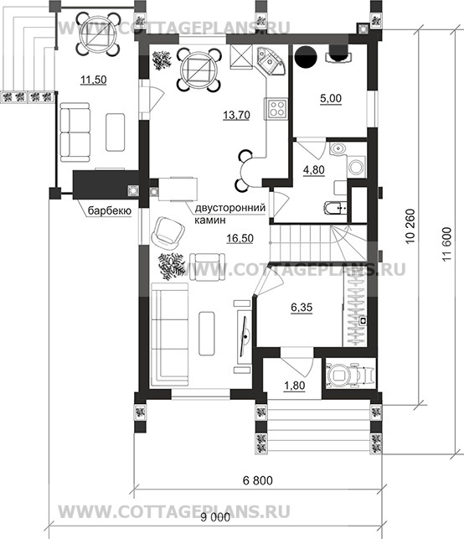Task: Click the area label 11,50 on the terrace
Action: (94, 80)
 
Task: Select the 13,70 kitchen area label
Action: (236, 115)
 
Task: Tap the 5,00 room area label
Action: (331, 99)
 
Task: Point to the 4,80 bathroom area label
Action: (313, 170)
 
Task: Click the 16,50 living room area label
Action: (240, 238)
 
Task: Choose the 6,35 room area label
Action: (302, 307)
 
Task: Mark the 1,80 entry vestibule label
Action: (294, 386)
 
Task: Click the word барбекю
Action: (110, 210)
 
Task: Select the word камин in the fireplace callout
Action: (210, 220)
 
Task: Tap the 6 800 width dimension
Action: (258, 480)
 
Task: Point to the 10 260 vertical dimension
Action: (410, 225)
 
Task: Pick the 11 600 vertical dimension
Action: (446, 244)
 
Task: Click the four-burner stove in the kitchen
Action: (276, 108)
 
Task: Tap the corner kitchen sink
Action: (271, 61)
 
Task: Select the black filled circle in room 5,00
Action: (306, 57)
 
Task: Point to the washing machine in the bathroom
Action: (357, 167)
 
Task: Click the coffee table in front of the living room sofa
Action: (207, 334)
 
